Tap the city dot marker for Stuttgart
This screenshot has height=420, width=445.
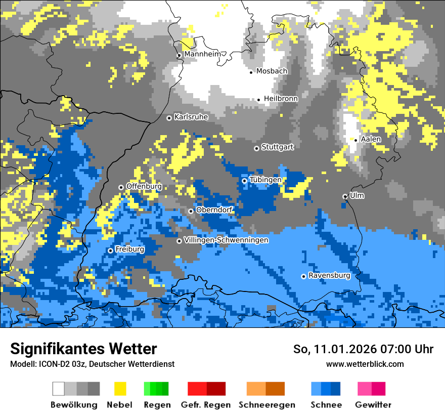point(257,148)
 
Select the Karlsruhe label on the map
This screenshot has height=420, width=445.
point(191,117)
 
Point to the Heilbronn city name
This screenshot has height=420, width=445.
point(281,99)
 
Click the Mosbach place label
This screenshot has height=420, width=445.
point(272,71)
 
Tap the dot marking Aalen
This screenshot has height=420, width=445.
point(356,140)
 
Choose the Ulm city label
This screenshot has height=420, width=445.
point(357,195)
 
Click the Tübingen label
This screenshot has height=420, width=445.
point(265,180)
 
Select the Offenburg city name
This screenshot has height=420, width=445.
point(144,186)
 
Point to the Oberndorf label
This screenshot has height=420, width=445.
point(214,210)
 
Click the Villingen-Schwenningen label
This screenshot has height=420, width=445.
point(226,240)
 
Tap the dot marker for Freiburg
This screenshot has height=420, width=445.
point(111,250)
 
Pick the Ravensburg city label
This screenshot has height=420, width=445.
point(329,276)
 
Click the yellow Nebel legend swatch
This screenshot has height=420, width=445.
point(120,389)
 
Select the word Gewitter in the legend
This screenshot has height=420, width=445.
point(373,405)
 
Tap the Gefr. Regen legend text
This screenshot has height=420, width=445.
point(206,405)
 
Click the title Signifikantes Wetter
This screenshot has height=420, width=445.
point(83,349)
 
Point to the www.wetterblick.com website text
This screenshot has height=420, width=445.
point(365,364)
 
